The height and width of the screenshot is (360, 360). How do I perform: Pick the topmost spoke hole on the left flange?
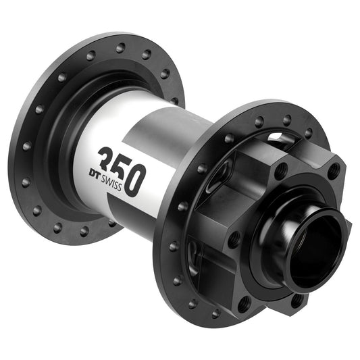click(x=120, y=48)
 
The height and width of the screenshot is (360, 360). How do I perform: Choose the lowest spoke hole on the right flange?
click(x=215, y=314)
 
